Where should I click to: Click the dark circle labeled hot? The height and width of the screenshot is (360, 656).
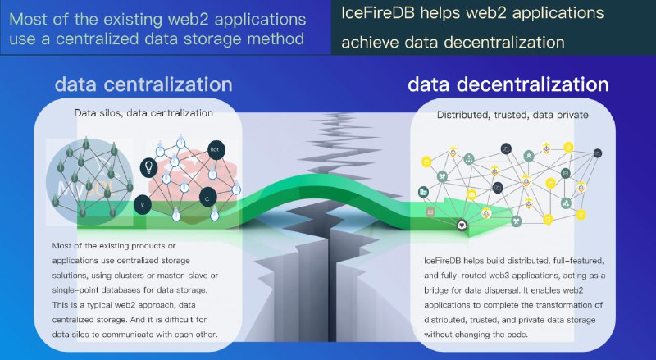point(216,150)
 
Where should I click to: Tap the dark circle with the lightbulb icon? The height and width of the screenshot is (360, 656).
point(148,167)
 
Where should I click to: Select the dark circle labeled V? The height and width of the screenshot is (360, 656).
point(143,205)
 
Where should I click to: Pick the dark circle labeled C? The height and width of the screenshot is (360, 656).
point(207,198)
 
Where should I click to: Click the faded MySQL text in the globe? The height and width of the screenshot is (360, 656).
point(87,189)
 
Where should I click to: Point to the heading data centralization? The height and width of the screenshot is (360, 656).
point(143,84)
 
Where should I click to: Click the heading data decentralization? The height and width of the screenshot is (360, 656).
point(508,84)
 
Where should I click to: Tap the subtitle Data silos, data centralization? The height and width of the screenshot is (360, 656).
point(143,113)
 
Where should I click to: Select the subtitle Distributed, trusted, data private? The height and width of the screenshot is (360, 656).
point(512,115)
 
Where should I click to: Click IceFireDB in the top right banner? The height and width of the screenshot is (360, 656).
point(378,13)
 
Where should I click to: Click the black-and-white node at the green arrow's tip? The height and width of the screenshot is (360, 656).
point(462,225)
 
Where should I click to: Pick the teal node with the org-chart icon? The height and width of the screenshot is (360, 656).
point(468,159)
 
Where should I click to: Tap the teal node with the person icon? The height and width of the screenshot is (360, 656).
point(529,156)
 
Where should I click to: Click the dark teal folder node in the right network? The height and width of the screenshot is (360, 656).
point(423,192)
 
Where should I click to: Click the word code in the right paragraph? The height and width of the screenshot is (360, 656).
point(518,335)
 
